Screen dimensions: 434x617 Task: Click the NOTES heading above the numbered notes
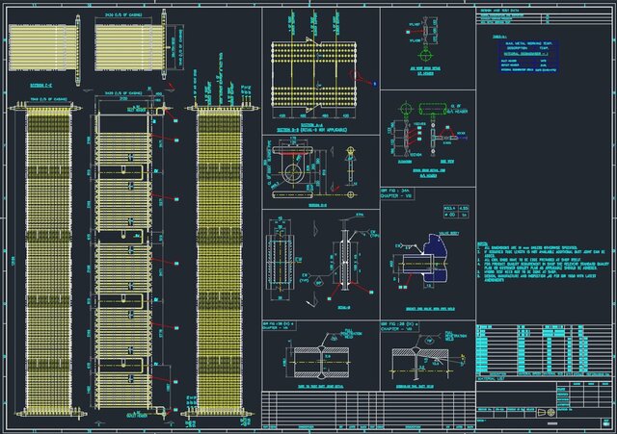[483, 245]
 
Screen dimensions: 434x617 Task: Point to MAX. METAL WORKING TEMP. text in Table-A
[526, 43]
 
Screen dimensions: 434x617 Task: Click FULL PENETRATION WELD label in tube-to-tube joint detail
[346, 336]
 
